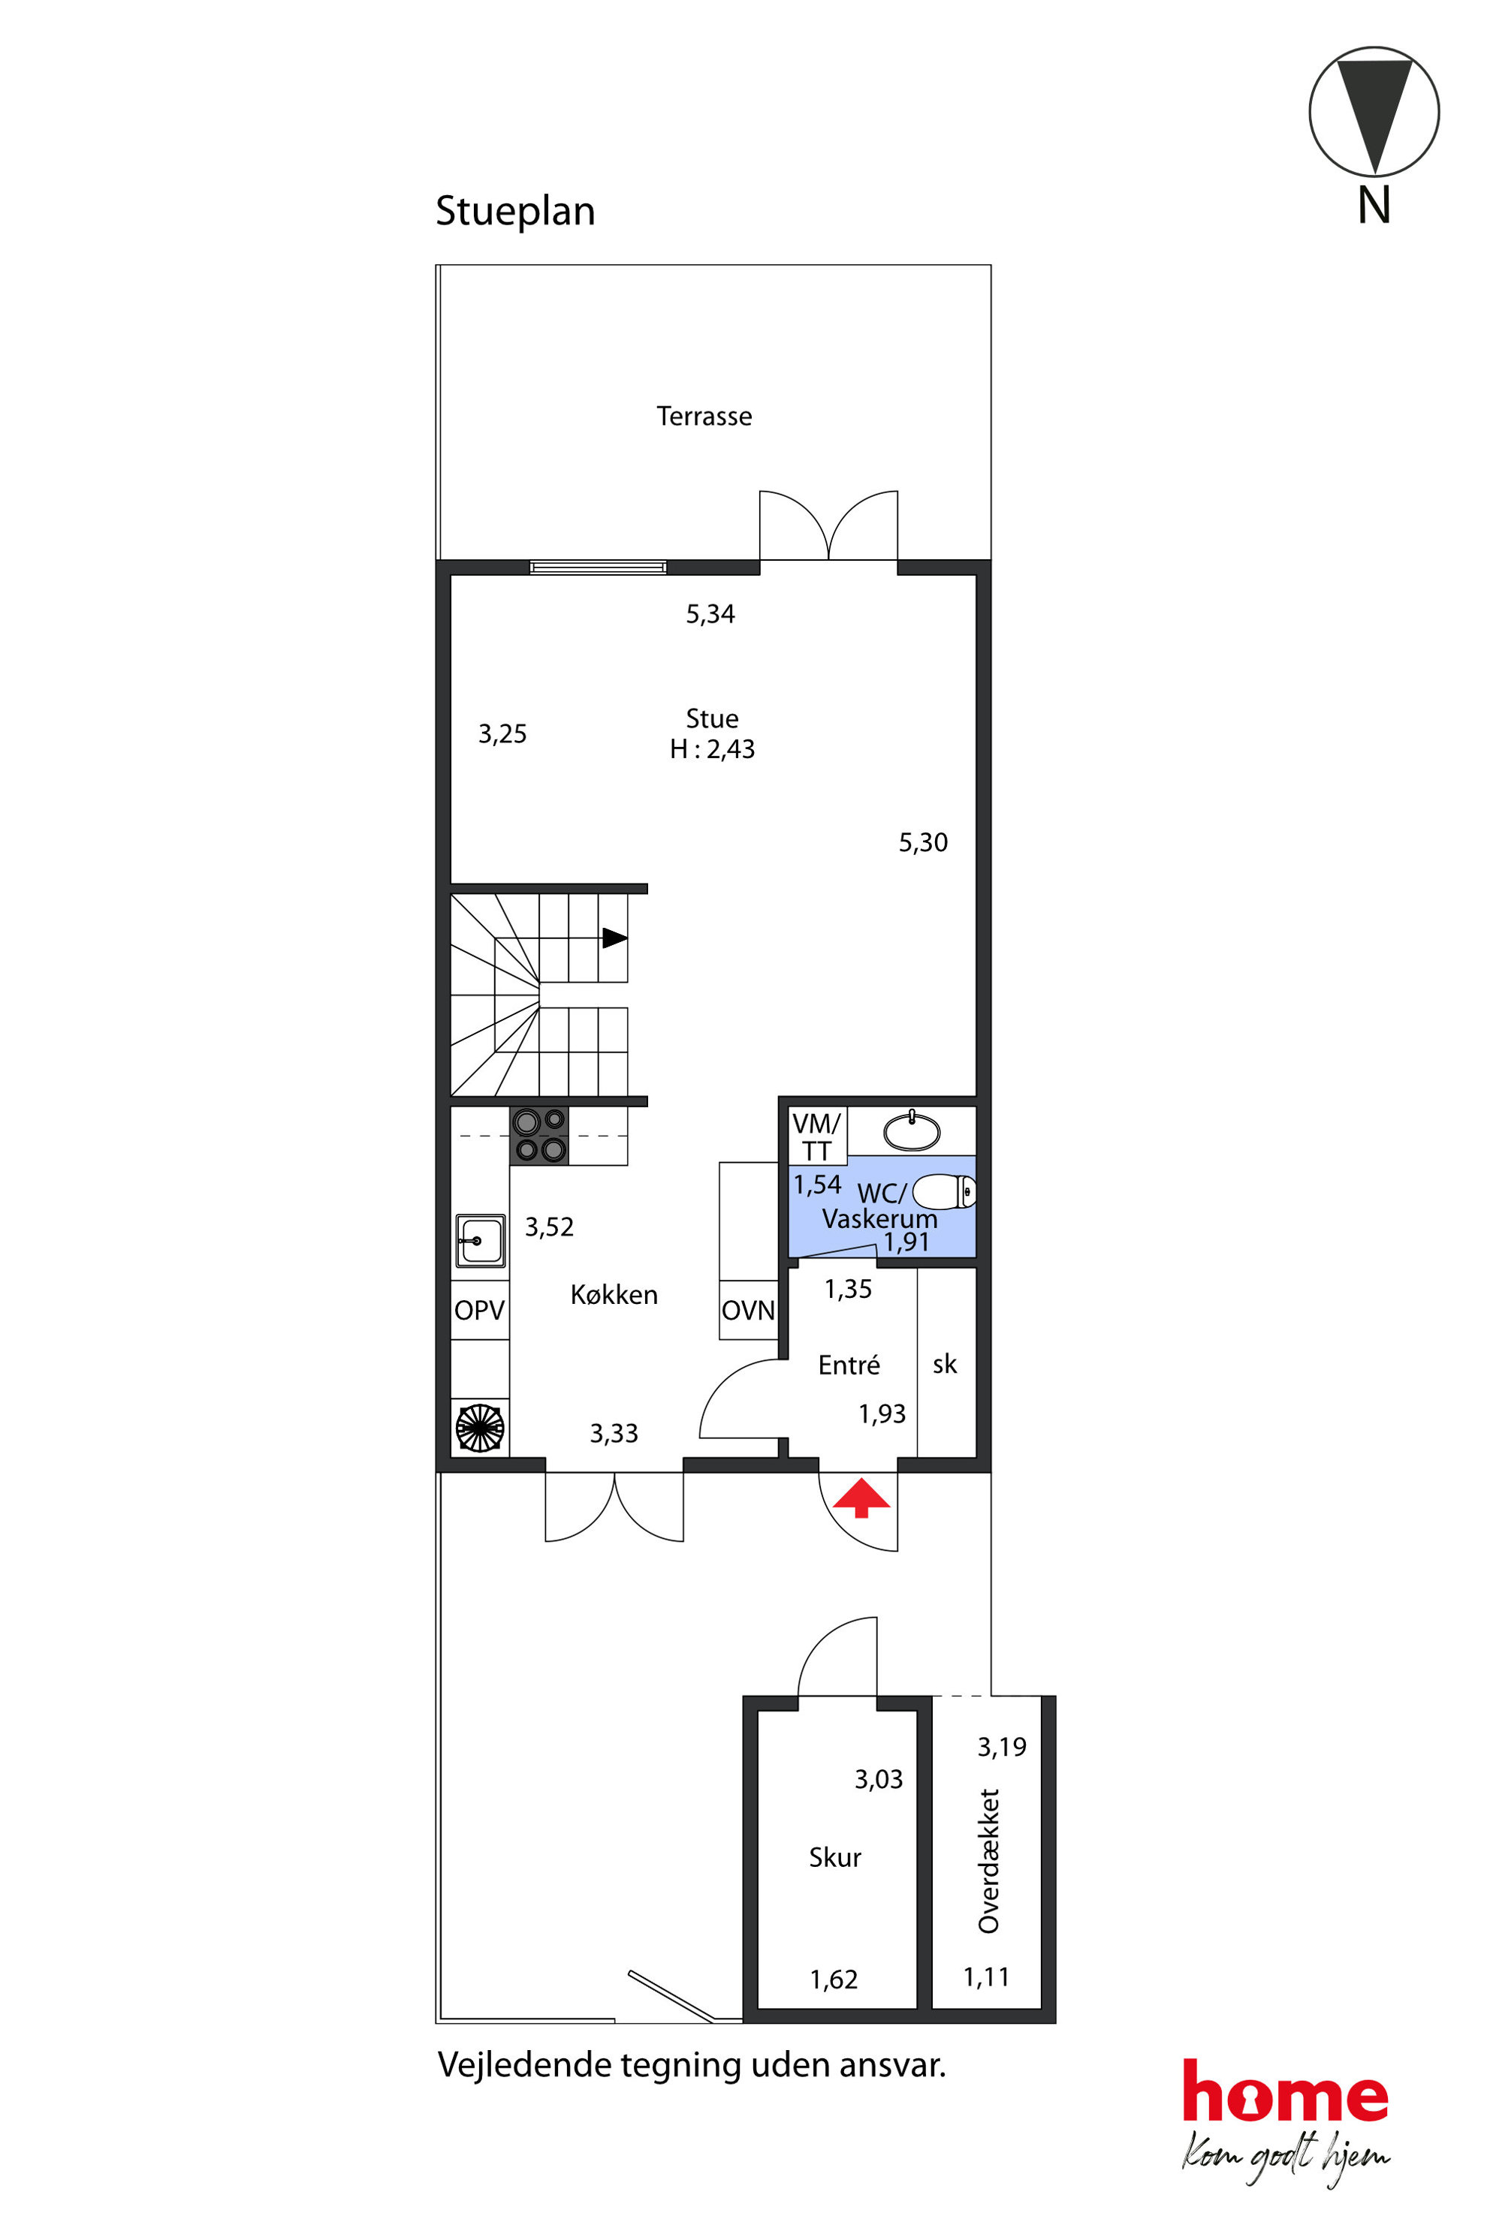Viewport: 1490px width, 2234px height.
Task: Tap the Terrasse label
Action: [x=704, y=416]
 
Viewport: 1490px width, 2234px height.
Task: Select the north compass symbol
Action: [x=1374, y=112]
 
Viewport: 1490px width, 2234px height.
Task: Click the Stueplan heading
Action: [x=515, y=211]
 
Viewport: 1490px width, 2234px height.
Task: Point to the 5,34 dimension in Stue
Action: [x=710, y=613]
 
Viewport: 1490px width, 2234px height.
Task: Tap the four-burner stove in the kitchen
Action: [x=540, y=1136]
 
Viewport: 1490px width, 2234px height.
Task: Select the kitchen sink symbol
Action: [x=481, y=1240]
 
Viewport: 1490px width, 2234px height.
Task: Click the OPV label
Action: [x=479, y=1311]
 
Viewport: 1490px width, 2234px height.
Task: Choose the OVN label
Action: [x=748, y=1311]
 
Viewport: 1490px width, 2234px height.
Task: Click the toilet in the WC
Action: [x=943, y=1191]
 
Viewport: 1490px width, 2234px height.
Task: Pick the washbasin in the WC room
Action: [x=912, y=1131]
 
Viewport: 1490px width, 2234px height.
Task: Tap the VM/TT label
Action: [x=816, y=1137]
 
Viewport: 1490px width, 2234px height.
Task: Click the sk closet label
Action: [x=945, y=1365]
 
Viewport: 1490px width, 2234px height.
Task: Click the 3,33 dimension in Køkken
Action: [x=614, y=1433]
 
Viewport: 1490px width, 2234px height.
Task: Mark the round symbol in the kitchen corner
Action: [x=481, y=1428]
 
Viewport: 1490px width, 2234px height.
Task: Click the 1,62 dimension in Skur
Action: [x=834, y=1980]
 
